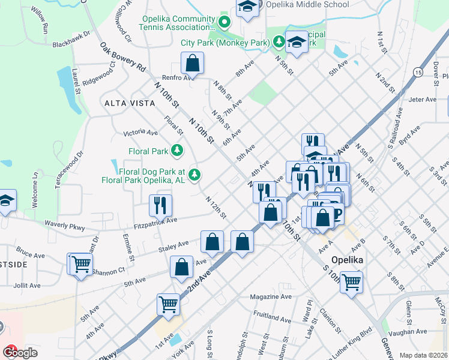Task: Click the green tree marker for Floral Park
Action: [x=177, y=150]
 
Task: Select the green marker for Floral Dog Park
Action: [x=194, y=175]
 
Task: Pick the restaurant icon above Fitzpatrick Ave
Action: [x=160, y=205]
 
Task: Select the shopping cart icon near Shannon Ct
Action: [x=80, y=263]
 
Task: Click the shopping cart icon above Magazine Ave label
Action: [x=169, y=304]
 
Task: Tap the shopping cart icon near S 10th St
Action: [x=351, y=281]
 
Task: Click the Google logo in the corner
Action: [x=20, y=352]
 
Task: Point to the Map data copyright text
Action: [x=424, y=355]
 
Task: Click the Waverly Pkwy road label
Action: [x=65, y=226]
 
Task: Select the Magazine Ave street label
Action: [x=271, y=296]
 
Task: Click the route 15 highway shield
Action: [x=417, y=73]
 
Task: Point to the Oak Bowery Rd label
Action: [x=123, y=57]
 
